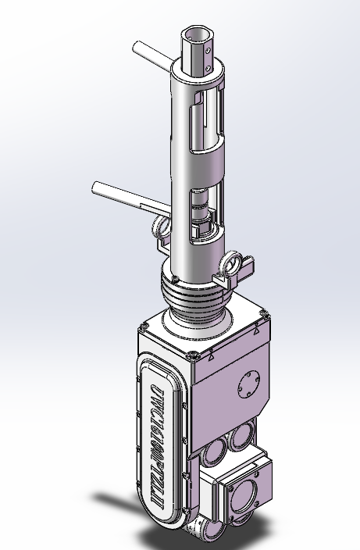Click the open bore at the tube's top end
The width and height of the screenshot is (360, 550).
pos(196,35)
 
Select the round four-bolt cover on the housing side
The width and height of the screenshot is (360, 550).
pos(248,387)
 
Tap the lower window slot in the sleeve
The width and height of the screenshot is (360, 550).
pos(205,211)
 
